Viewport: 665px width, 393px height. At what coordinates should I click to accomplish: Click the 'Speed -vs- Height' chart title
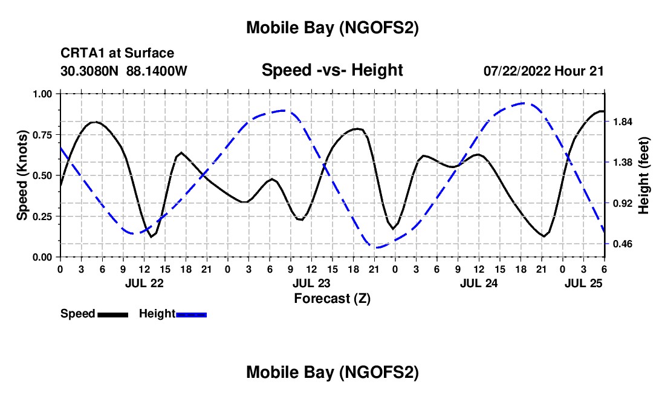(332, 70)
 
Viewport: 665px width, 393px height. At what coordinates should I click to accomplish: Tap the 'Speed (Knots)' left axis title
(22, 175)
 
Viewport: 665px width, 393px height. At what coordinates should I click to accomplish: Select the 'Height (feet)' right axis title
(644, 175)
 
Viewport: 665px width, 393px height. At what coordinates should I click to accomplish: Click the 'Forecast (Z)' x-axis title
(332, 298)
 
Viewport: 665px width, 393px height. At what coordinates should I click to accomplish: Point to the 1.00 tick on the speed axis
(42, 94)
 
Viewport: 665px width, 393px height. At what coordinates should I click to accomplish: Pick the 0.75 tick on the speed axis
(42, 135)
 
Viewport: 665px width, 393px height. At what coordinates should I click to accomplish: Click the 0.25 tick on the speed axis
(42, 216)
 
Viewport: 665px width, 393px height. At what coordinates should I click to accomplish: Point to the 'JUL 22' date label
(144, 283)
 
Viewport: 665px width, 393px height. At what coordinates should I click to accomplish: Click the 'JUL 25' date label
(583, 283)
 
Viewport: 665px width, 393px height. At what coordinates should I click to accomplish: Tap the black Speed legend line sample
(112, 314)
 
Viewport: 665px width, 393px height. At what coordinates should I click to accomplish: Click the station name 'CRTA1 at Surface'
(117, 54)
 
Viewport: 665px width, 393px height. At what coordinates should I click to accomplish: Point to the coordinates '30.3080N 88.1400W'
(124, 71)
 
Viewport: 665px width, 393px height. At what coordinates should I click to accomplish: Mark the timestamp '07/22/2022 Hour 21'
(543, 71)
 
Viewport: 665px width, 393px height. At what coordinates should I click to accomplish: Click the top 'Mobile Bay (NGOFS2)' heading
(332, 28)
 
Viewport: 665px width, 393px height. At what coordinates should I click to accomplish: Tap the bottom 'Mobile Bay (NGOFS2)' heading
(332, 373)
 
